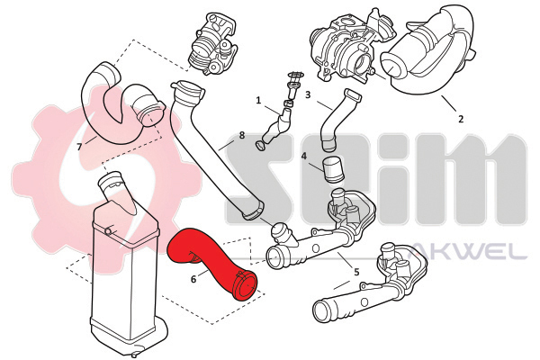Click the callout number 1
coord(258,100)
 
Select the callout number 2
coord(461,119)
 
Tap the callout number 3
coord(308,94)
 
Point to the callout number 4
coord(304,157)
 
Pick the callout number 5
coord(356,272)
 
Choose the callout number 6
coord(193,279)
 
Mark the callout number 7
coord(79,147)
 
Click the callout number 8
coord(242,135)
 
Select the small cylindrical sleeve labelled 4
coord(333,171)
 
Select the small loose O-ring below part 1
coord(260,146)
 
